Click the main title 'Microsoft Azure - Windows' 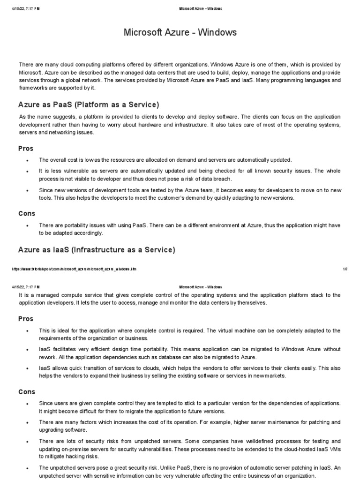(180, 32)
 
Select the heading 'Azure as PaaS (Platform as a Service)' (89, 104)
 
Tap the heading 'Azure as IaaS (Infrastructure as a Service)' (97, 250)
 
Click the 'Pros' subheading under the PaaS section (26, 149)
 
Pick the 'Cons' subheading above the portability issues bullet (27, 213)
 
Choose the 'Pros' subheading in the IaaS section (26, 319)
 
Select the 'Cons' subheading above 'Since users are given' (27, 392)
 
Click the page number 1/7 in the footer (345, 270)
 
